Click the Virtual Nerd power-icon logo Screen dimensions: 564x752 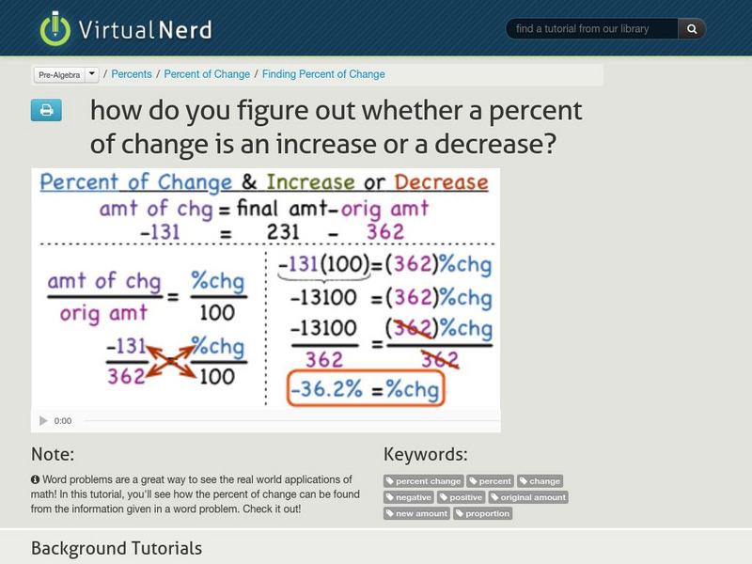click(55, 29)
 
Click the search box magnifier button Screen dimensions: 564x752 click(691, 29)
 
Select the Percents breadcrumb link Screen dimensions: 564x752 click(133, 74)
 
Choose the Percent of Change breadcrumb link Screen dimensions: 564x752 click(207, 74)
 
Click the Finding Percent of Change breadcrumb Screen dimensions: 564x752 click(323, 74)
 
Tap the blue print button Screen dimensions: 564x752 click(46, 110)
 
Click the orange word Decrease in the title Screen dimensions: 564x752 click(441, 182)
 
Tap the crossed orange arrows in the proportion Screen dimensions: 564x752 click(168, 359)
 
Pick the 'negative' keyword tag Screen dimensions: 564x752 click(409, 497)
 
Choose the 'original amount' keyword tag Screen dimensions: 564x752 click(528, 497)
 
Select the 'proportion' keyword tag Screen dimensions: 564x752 click(483, 513)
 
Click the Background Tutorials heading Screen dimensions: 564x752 click(117, 548)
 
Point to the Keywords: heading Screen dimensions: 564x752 click(425, 455)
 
